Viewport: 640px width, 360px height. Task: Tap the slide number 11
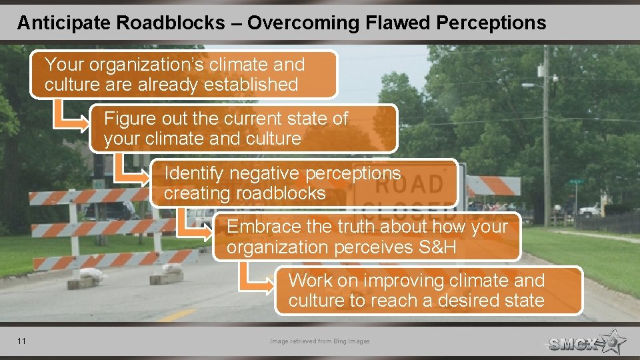pos(22,341)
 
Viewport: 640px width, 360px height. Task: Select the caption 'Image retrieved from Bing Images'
pos(319,341)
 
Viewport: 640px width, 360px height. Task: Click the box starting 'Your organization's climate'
pos(183,75)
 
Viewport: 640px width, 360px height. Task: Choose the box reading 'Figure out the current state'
pos(243,129)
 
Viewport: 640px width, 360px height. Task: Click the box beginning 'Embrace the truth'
pos(367,237)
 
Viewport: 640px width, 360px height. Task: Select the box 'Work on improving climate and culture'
pos(429,291)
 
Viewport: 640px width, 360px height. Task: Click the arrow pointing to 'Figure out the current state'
pos(70,117)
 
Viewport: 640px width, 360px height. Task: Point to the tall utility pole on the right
pos(546,133)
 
